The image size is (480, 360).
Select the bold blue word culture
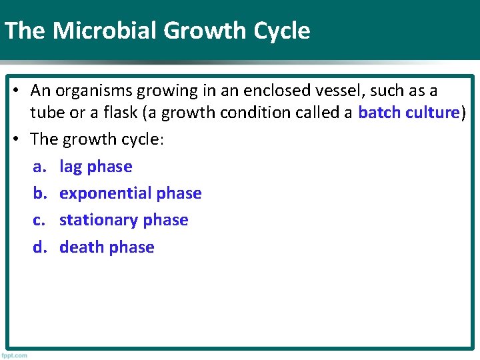point(433,113)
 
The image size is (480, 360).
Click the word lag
point(71,167)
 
